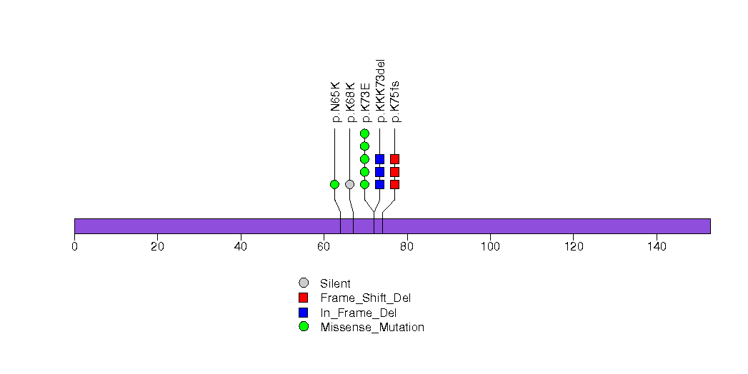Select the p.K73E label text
(365, 102)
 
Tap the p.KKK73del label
(380, 91)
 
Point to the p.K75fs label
(395, 101)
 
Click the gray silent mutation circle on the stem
(349, 184)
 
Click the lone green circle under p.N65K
(334, 184)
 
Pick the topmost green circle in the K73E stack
(364, 133)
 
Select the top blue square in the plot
(379, 159)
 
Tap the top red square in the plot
(394, 159)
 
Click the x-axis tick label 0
(74, 247)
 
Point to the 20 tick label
(157, 247)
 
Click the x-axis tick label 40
(241, 247)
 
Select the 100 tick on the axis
(490, 247)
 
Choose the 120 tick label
(573, 247)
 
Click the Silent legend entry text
(335, 283)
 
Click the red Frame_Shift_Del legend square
(304, 298)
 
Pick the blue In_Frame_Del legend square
(304, 313)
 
